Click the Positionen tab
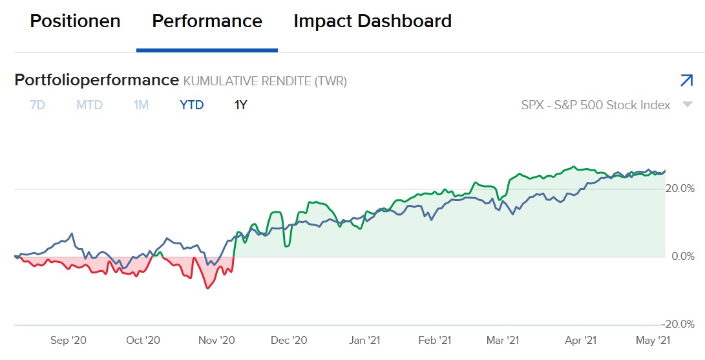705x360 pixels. pyautogui.click(x=75, y=21)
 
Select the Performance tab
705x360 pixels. pyautogui.click(x=207, y=21)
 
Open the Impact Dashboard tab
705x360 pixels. pyautogui.click(x=372, y=21)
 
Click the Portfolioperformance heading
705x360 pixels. pyautogui.click(x=96, y=80)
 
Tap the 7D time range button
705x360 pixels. pyautogui.click(x=37, y=105)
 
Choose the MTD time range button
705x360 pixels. pyautogui.click(x=89, y=105)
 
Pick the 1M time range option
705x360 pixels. pyautogui.click(x=141, y=105)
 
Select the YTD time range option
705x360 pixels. pyautogui.click(x=191, y=105)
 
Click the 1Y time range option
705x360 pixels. pyautogui.click(x=240, y=105)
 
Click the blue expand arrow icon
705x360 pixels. pyautogui.click(x=686, y=80)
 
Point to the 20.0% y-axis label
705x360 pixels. pyautogui.click(x=680, y=189)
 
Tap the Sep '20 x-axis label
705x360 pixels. pyautogui.click(x=68, y=340)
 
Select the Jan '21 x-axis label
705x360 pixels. pyautogui.click(x=364, y=340)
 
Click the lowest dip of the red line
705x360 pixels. pyautogui.click(x=207, y=288)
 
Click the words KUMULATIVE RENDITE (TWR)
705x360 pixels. pyautogui.click(x=265, y=81)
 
